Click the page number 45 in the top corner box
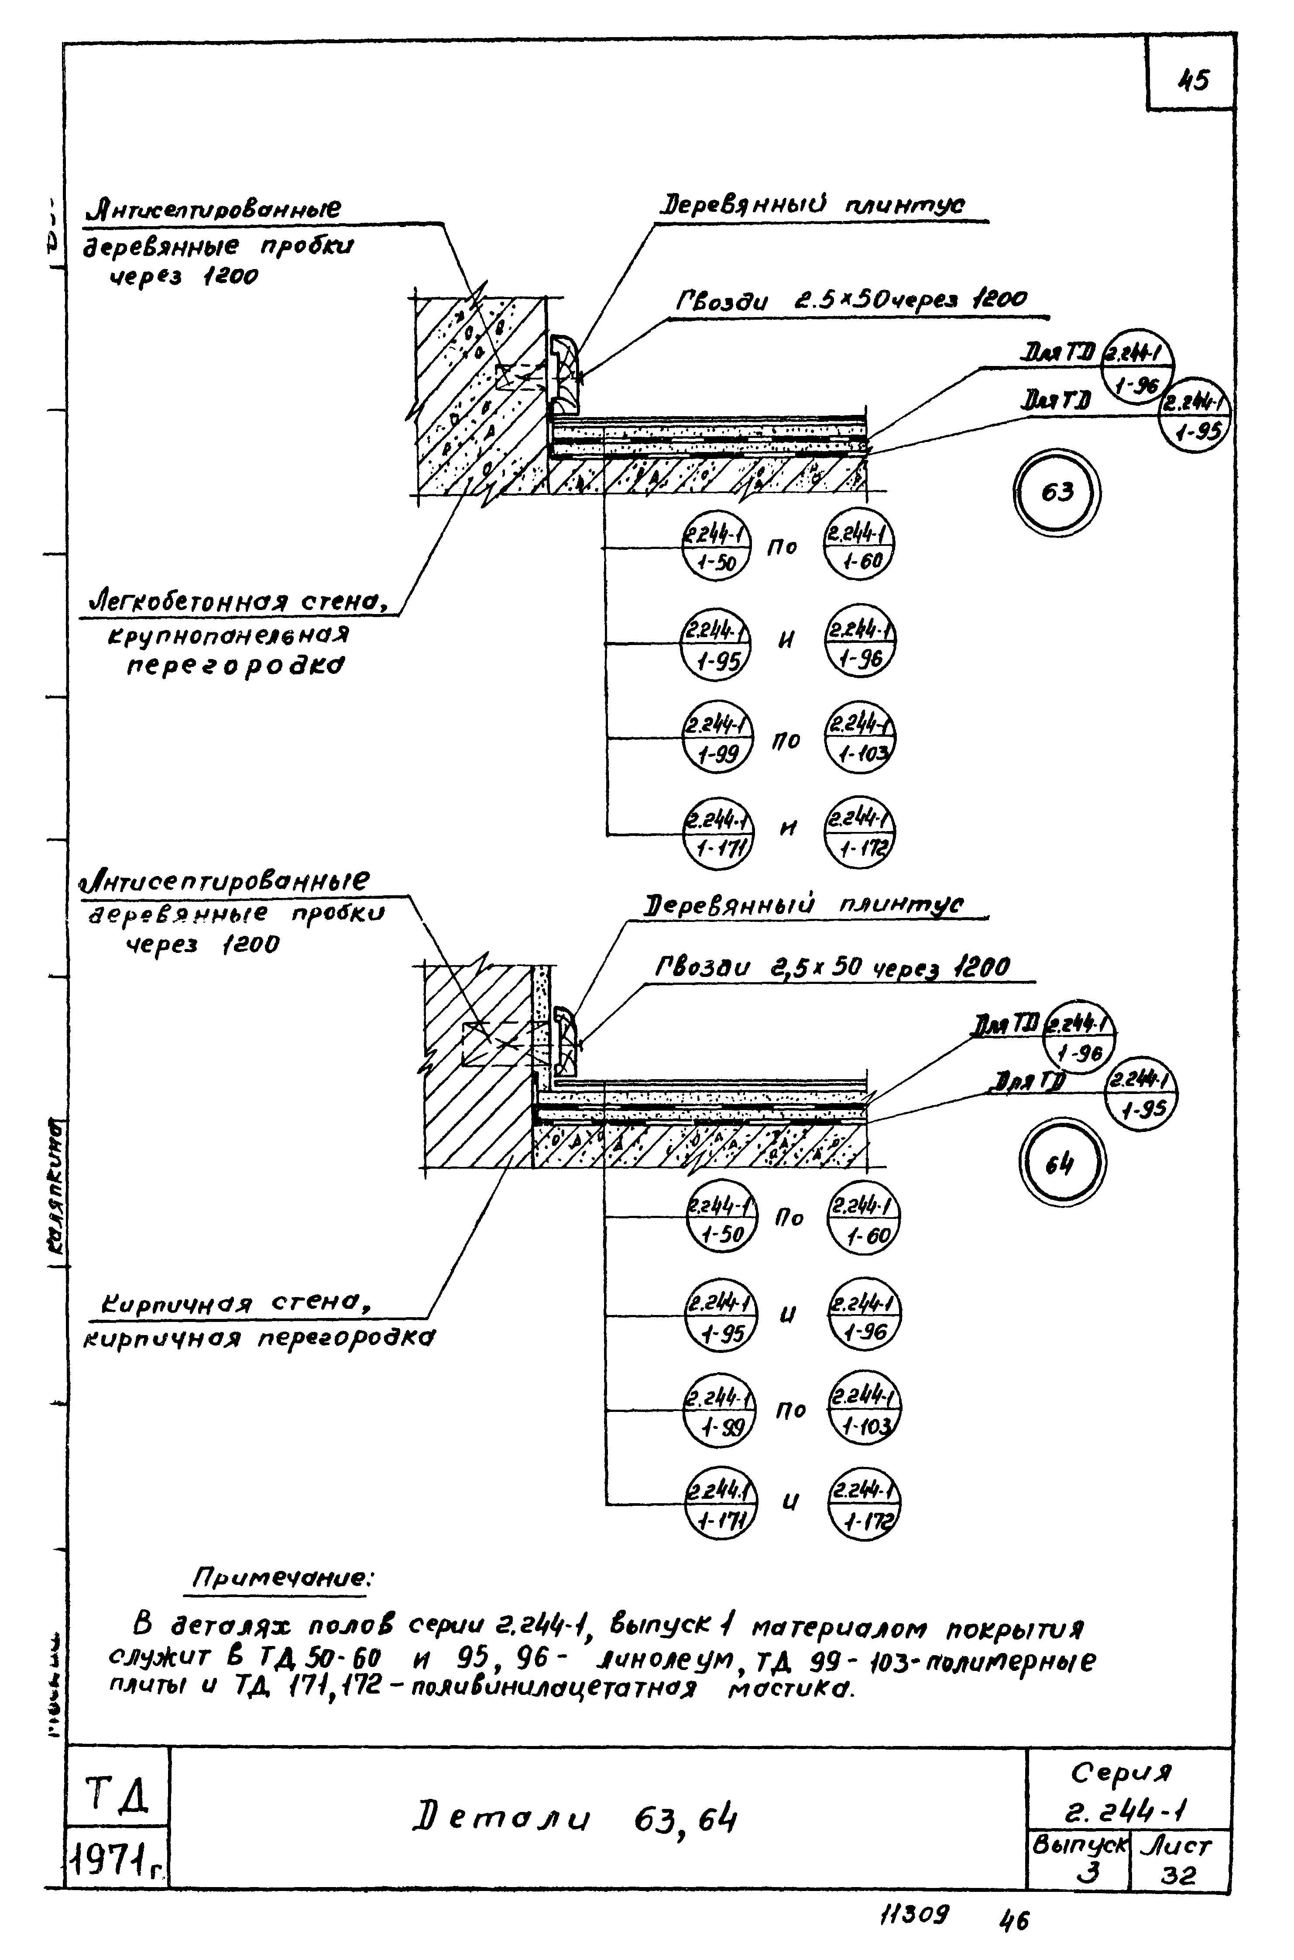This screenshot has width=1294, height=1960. click(1193, 81)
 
